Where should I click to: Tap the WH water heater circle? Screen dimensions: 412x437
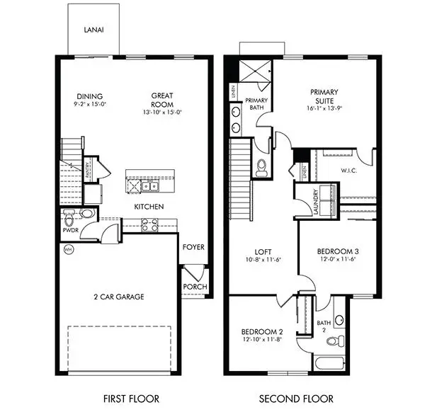69,249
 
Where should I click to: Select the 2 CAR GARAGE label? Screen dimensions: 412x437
119,297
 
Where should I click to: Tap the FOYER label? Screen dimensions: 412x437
193,247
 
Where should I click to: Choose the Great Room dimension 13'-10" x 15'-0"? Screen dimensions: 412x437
163,112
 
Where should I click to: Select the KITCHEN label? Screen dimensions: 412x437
149,207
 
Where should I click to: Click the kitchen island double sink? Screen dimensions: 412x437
149,187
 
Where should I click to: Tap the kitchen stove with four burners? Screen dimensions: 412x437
149,224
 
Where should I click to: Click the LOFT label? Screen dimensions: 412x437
264,251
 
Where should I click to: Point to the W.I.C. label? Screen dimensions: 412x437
348,170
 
